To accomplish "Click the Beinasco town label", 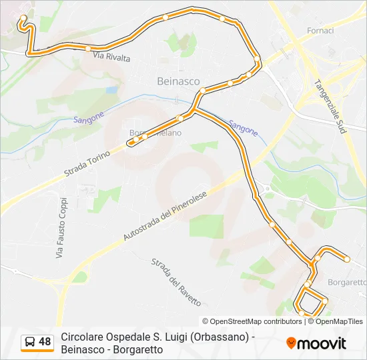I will tap(177, 81).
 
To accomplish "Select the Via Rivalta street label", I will tap(111, 57).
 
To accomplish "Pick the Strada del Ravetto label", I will tap(175, 282).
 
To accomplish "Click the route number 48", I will tap(45, 342).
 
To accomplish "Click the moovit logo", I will tap(316, 343).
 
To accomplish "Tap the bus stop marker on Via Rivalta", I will tap(87, 48).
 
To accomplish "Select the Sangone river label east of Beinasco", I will tap(243, 127).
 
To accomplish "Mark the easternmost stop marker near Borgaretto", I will tap(347, 259).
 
